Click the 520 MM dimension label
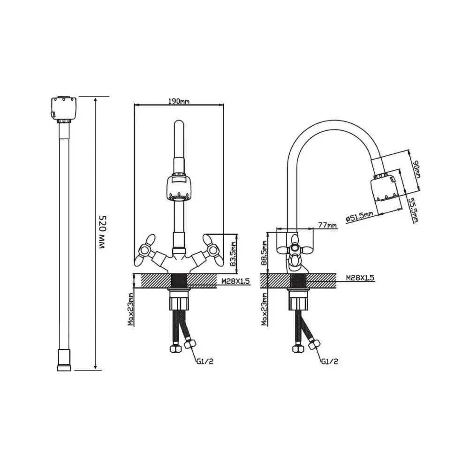(102, 233)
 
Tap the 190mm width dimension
(179, 101)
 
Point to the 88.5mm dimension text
(265, 253)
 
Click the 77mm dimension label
(327, 225)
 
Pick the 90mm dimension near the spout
(416, 169)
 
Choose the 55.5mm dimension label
(414, 210)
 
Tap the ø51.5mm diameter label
(359, 216)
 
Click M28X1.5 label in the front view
(235, 281)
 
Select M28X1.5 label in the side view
(360, 278)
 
